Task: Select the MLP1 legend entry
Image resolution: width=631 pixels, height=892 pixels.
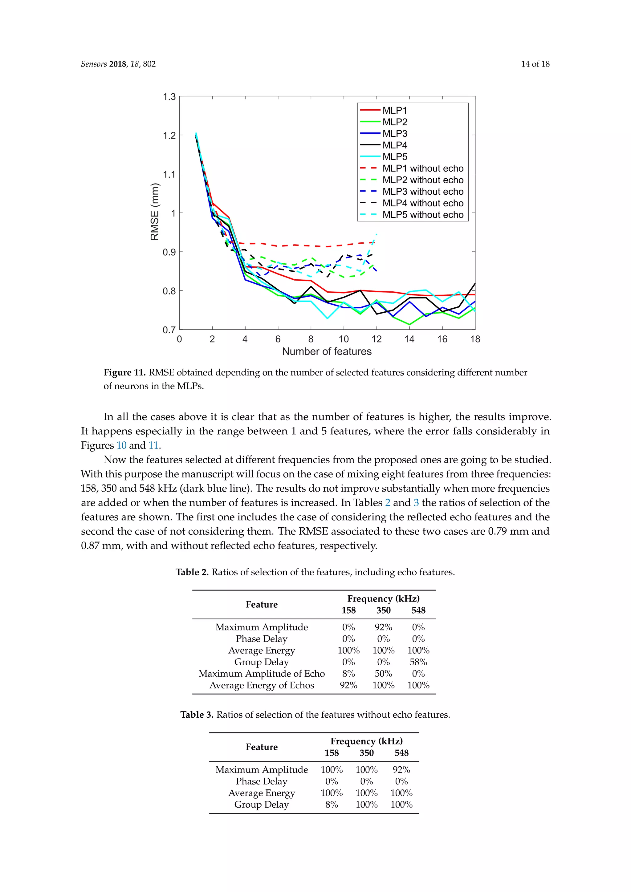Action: point(394,110)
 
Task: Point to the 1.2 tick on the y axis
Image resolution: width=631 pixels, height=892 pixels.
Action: point(169,135)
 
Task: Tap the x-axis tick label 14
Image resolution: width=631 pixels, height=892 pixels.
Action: point(409,339)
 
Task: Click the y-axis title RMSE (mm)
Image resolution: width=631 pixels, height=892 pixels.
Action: point(155,212)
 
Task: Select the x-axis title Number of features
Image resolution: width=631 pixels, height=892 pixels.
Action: point(327,351)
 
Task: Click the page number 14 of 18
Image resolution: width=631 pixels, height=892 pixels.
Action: point(535,64)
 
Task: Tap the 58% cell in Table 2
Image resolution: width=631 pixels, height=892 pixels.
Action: point(418,662)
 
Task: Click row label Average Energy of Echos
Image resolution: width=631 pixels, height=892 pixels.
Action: point(262,685)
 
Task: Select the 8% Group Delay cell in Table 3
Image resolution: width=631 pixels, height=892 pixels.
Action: point(332,805)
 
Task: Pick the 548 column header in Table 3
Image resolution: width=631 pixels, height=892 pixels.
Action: point(401,753)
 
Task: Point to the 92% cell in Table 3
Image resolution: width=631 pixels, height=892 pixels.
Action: point(401,770)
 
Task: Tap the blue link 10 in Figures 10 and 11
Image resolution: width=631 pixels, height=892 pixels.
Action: point(122,445)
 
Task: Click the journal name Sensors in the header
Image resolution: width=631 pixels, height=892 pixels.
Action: point(94,64)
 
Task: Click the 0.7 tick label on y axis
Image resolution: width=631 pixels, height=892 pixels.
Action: point(169,330)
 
